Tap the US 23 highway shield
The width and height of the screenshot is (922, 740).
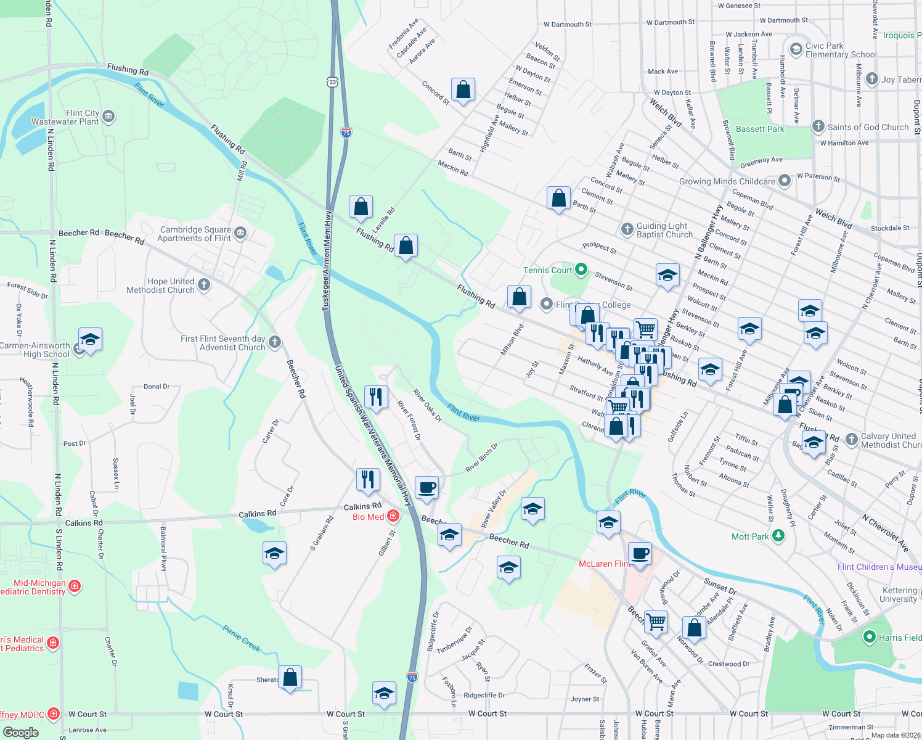point(333,82)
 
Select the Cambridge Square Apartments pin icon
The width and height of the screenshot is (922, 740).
point(240,232)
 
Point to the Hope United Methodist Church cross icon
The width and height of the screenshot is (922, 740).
point(204,285)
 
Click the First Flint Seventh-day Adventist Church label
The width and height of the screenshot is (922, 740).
point(223,343)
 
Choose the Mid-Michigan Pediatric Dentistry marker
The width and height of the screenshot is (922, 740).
point(75,586)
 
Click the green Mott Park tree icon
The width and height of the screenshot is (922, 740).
point(778,536)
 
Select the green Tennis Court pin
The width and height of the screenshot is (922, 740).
point(581,270)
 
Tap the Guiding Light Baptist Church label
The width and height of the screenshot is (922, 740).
point(664,230)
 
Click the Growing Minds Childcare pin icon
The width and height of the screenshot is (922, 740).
point(784,181)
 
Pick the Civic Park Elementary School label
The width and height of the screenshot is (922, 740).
point(841,50)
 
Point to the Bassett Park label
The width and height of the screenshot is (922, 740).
point(760,129)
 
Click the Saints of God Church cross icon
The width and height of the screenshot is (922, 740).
point(818,127)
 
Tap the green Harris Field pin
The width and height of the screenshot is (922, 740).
point(869,637)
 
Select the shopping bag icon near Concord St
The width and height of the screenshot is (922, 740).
point(463,89)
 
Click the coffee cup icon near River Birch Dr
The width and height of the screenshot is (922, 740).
point(426,488)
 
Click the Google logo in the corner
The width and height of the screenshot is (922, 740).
point(20,732)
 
